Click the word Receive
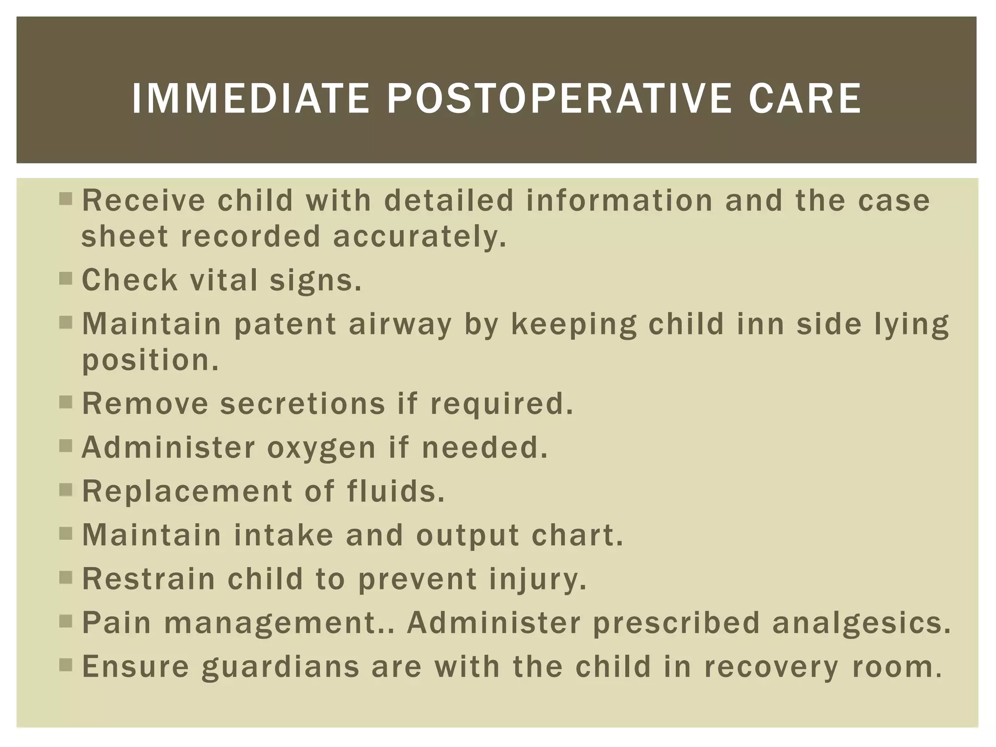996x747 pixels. [x=143, y=200]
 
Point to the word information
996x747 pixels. [x=619, y=200]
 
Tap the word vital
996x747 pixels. [x=224, y=281]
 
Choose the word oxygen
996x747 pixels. [x=321, y=448]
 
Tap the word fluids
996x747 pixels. [x=396, y=491]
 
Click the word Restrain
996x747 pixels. [x=148, y=579]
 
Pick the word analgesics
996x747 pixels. [x=861, y=622]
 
